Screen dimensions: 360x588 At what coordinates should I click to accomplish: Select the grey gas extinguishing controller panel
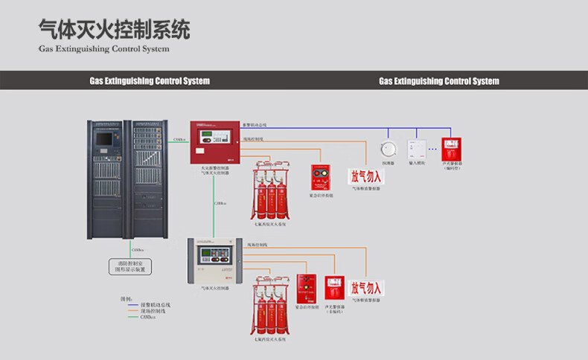[214, 260]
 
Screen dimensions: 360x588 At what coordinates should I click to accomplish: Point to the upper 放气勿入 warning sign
[366, 176]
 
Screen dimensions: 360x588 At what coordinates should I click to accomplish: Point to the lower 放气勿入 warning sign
[366, 288]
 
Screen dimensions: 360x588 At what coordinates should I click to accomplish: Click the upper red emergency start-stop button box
[321, 177]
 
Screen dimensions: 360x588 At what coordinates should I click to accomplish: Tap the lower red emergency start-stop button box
[307, 288]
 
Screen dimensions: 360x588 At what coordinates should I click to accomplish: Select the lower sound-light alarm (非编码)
[334, 288]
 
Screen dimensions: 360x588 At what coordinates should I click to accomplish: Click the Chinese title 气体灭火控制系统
[114, 30]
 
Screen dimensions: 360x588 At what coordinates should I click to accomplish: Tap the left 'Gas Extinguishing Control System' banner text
[150, 80]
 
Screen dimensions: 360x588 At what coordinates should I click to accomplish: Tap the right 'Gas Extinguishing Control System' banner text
[439, 80]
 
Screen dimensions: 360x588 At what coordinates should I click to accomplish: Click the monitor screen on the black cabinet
[105, 138]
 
